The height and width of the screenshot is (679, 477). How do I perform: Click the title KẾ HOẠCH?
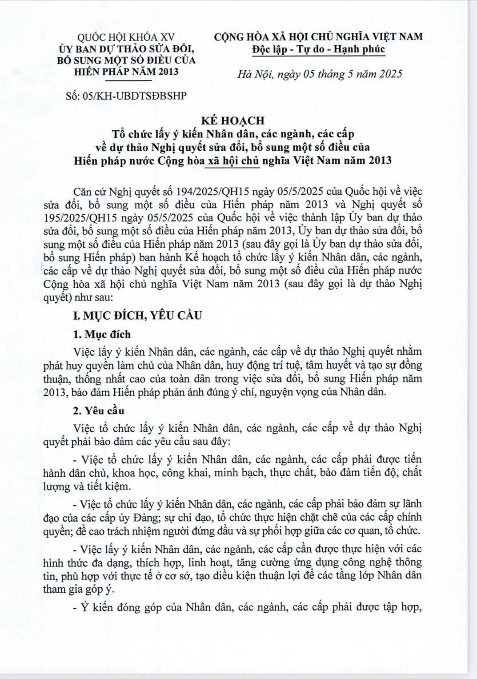[238, 120]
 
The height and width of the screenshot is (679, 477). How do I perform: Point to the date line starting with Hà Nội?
[320, 74]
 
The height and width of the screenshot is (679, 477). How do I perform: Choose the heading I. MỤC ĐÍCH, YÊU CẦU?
[137, 315]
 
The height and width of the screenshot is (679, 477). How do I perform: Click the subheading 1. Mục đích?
[102, 334]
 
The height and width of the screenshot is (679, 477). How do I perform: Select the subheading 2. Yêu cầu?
[99, 410]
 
